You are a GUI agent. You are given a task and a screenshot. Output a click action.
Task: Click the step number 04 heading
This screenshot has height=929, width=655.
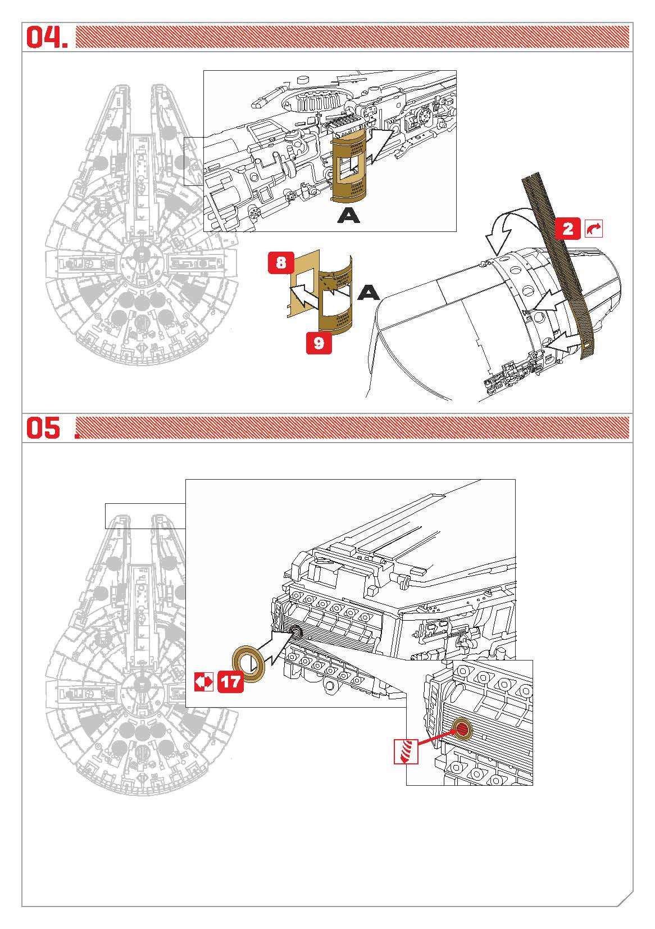[x=47, y=37]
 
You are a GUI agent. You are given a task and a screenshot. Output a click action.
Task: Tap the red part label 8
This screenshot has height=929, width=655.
[x=281, y=262]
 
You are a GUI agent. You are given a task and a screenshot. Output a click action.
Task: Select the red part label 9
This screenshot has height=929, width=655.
[x=319, y=343]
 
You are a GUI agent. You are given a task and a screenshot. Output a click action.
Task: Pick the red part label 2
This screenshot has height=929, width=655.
[x=568, y=229]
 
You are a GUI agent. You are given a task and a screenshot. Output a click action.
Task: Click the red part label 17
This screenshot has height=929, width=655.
[x=230, y=682]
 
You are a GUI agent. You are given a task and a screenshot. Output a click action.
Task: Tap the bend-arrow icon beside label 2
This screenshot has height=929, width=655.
[x=594, y=229]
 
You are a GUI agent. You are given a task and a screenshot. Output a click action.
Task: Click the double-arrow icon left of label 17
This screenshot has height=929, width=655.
[x=204, y=682]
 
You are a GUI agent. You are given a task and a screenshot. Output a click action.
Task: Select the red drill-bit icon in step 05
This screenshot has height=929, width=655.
[x=406, y=750]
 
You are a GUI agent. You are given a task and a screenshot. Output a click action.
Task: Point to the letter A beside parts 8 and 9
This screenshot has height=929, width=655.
[x=369, y=292]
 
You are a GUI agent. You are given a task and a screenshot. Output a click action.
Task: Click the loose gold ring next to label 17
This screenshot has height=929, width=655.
[x=248, y=663]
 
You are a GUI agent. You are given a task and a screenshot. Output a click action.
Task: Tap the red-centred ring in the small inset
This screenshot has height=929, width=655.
[x=462, y=728]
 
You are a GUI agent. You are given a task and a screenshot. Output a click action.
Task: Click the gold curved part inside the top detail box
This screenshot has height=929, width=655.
[x=348, y=169]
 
